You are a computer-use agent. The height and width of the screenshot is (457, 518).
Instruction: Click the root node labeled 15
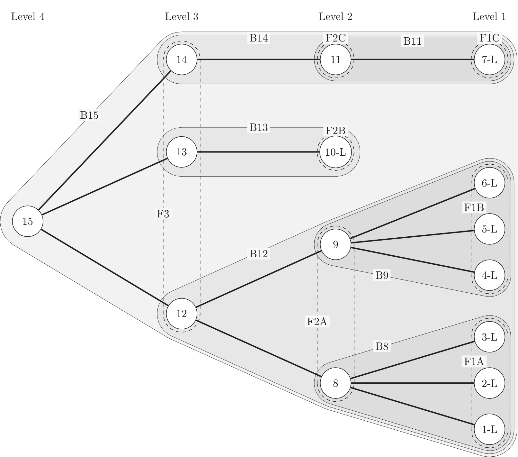(x=28, y=221)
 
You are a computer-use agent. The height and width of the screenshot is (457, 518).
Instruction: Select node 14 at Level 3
(x=182, y=59)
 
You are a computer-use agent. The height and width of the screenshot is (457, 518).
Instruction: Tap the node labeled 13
(x=182, y=152)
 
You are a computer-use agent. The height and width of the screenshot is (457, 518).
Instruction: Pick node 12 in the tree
(x=182, y=314)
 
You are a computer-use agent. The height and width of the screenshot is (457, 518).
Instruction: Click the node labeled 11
(x=335, y=59)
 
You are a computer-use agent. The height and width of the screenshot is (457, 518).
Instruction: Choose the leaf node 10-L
(x=335, y=152)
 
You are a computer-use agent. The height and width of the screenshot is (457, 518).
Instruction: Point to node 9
(x=335, y=245)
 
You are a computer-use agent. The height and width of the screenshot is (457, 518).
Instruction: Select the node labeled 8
(x=335, y=383)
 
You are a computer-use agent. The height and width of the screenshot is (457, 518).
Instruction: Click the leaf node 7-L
(x=489, y=59)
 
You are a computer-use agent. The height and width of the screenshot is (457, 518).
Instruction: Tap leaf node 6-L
(x=489, y=183)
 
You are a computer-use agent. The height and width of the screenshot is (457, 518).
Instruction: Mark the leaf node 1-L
(x=489, y=429)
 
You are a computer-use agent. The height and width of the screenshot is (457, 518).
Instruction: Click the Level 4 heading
(x=28, y=17)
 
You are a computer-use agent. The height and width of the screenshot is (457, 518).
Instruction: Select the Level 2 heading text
(x=335, y=17)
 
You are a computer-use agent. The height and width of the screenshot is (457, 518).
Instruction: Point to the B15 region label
(x=89, y=115)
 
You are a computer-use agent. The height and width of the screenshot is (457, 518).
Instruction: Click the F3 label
(x=163, y=214)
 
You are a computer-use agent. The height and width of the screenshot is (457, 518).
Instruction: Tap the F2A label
(x=317, y=321)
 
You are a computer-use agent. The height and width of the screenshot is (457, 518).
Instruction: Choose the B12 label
(x=259, y=254)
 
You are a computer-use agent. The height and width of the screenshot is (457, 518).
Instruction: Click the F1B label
(x=474, y=207)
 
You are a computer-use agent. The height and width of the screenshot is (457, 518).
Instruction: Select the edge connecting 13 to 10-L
(x=257, y=152)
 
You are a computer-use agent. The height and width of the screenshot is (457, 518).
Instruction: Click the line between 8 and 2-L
(x=411, y=383)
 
